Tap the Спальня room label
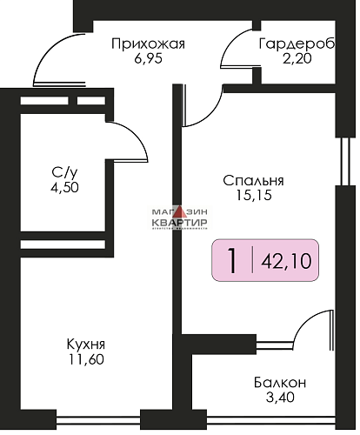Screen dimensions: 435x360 pyautogui.click(x=254, y=181)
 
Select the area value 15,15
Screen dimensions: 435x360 pyautogui.click(x=254, y=197)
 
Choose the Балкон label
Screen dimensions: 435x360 pyautogui.click(x=280, y=383)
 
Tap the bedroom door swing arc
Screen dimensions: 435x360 pyautogui.click(x=202, y=109)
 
